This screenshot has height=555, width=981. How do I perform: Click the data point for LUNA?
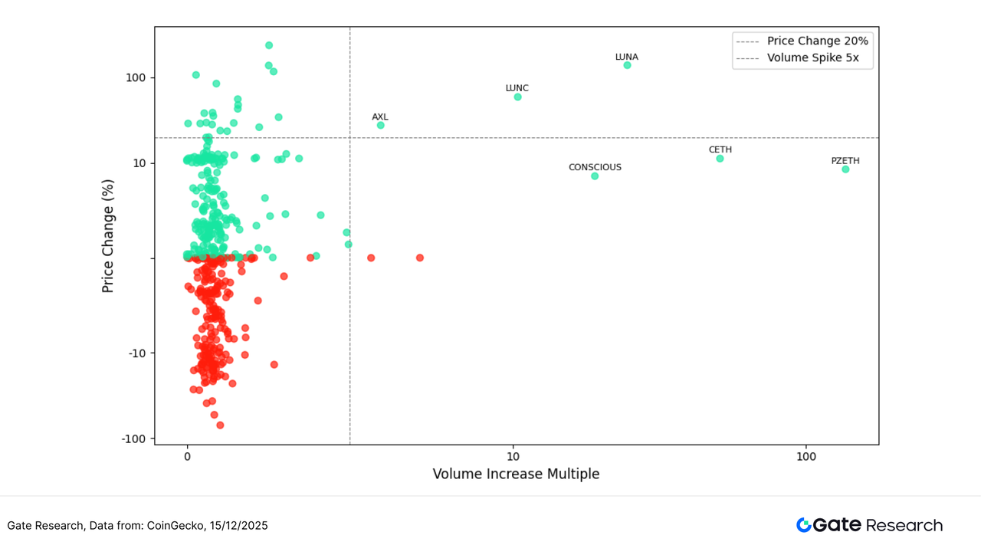627,65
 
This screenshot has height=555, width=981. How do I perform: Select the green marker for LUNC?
517,97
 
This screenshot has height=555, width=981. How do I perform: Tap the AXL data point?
380,125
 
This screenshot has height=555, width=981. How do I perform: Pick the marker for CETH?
720,158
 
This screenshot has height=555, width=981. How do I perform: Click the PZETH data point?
845,169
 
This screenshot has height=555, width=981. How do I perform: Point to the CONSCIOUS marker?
595,176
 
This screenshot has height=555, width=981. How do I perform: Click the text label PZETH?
845,161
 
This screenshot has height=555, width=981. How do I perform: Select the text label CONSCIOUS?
595,167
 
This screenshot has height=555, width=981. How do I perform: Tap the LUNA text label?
627,57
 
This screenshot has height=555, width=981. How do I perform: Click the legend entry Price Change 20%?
817,41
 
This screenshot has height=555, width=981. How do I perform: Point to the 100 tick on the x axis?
806,455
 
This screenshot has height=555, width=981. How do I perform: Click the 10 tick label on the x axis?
513,455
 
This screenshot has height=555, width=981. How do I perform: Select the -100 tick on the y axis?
135,439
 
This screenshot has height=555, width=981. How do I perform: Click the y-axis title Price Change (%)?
108,235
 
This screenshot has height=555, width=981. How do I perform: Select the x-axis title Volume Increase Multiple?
516,474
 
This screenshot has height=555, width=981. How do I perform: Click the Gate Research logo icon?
803,525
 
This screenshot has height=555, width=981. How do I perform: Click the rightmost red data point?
420,258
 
